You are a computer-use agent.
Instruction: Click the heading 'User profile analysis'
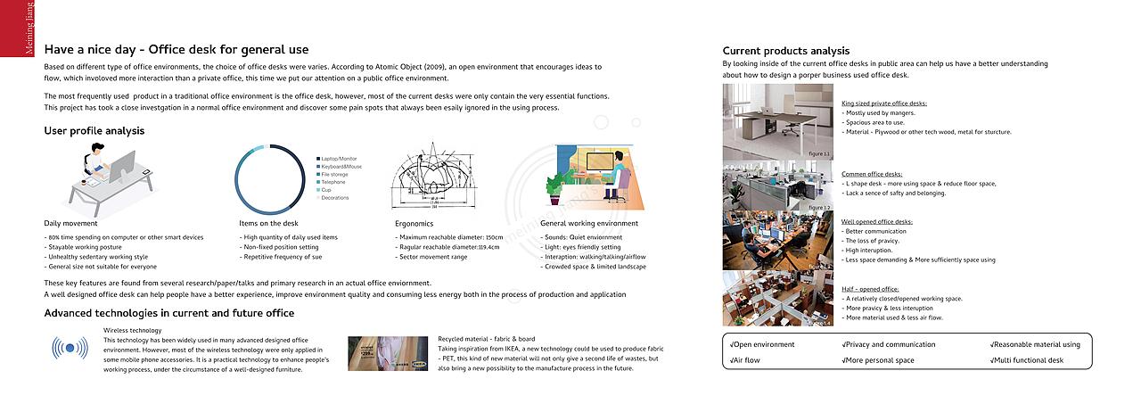pos(94,131)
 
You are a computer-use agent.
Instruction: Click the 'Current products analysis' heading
pos(785,51)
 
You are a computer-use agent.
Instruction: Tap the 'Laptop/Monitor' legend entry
pos(339,159)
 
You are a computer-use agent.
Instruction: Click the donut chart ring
pos(237,178)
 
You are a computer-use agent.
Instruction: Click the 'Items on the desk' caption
pos(268,223)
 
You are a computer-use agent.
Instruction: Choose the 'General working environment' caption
pos(588,223)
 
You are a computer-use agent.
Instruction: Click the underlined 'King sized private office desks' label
pos(883,103)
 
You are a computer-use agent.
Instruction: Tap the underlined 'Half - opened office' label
pos(870,289)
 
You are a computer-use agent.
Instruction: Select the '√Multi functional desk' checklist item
pos(1026,360)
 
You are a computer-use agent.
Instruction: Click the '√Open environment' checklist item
pos(761,344)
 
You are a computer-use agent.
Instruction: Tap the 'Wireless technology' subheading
pos(133,330)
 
